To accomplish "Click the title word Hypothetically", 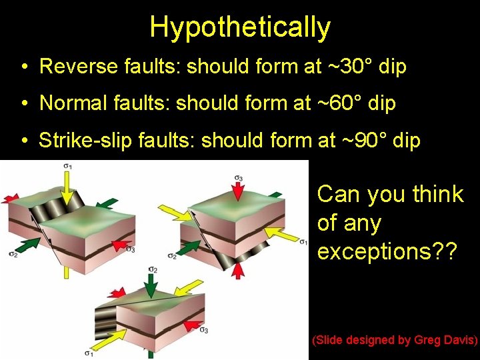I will (x=240, y=27).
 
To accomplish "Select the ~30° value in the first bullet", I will (x=345, y=67).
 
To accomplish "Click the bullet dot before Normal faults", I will (x=23, y=104).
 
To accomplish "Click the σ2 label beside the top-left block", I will (x=13, y=253).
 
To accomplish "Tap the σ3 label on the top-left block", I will (x=131, y=249).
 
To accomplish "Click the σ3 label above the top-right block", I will (x=238, y=177).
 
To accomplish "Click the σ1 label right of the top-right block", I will (x=303, y=241).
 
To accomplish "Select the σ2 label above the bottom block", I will (x=153, y=269).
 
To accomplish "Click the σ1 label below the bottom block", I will (x=89, y=353).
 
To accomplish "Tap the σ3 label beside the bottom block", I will (x=204, y=330).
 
